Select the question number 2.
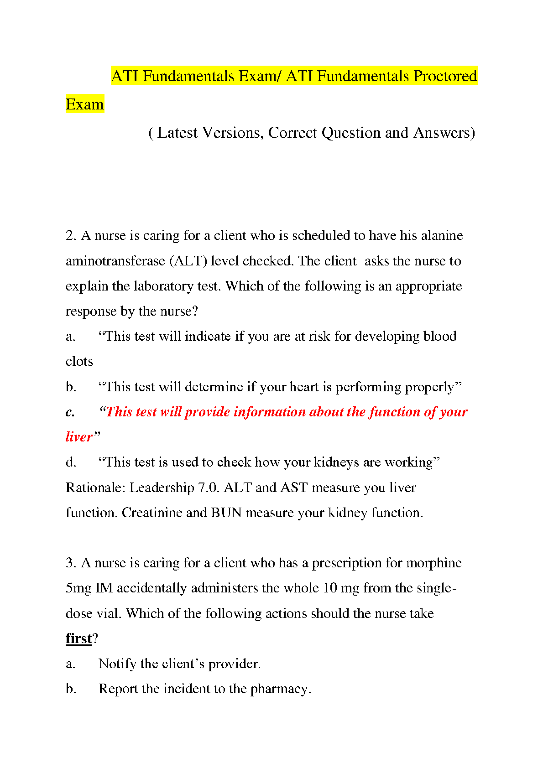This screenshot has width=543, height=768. click(x=71, y=235)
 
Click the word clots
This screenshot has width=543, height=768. click(x=79, y=362)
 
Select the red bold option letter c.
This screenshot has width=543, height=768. click(x=70, y=412)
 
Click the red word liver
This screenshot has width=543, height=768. click(x=79, y=437)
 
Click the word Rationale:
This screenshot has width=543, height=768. click(x=95, y=488)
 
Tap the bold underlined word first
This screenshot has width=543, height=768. click(x=78, y=638)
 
